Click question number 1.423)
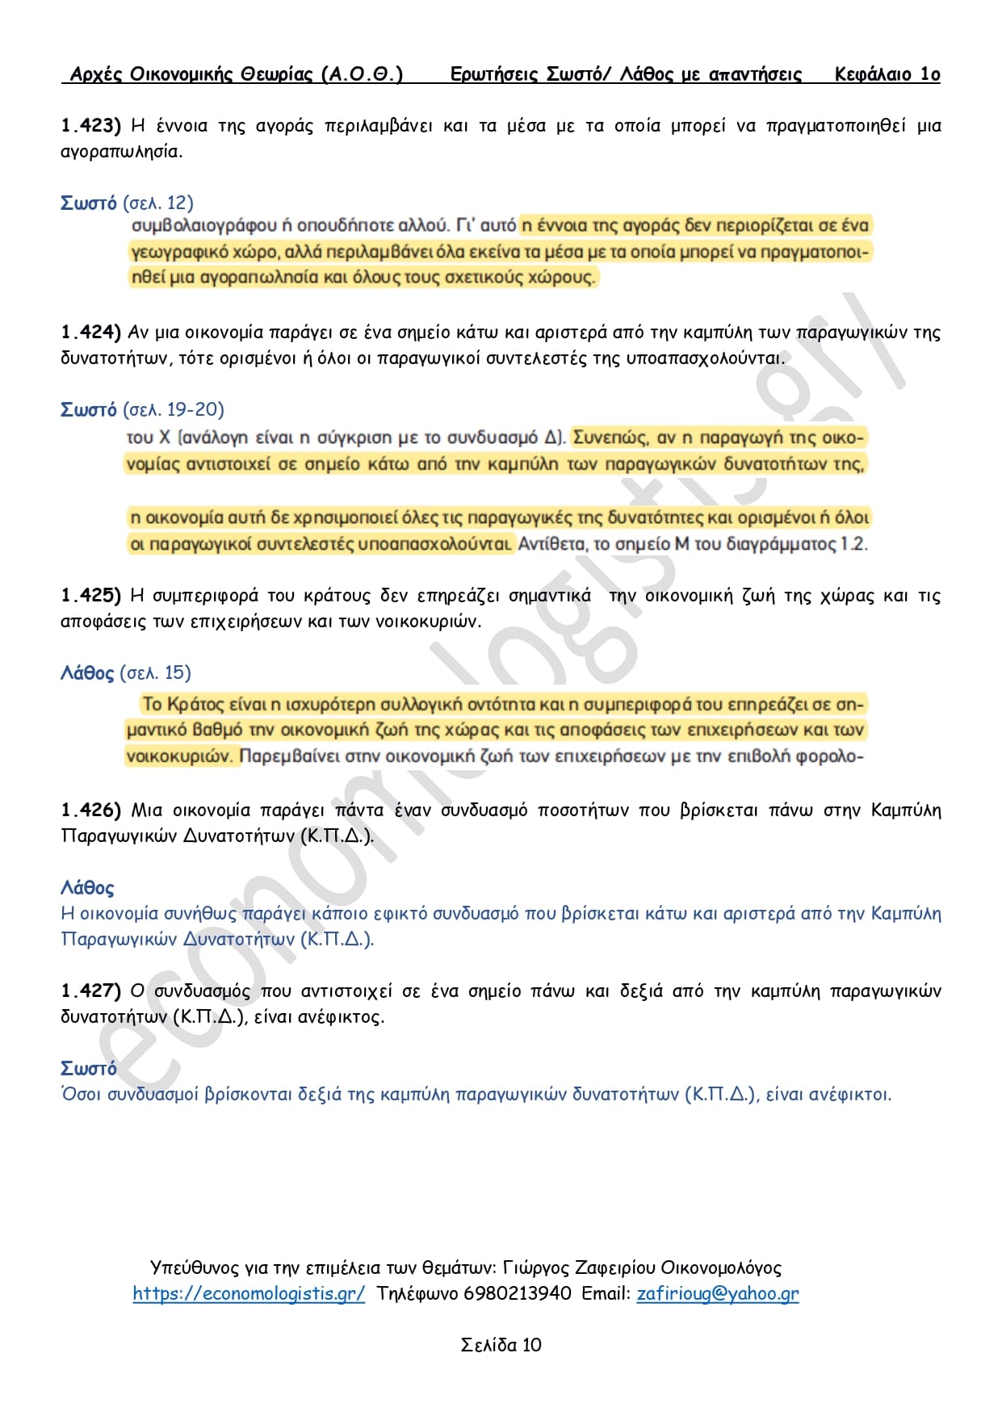pyautogui.click(x=90, y=125)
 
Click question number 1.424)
pyautogui.click(x=90, y=332)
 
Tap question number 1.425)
pyautogui.click(x=90, y=595)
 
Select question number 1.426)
pyautogui.click(x=90, y=810)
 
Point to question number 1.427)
pyautogui.click(x=90, y=991)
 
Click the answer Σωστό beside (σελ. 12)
pyautogui.click(x=89, y=203)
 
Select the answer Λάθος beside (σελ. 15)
pyautogui.click(x=87, y=672)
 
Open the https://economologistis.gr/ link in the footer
pyautogui.click(x=249, y=1293)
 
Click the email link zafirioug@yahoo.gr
pyautogui.click(x=718, y=1293)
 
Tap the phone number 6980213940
pyautogui.click(x=518, y=1293)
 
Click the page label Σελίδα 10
pyautogui.click(x=501, y=1345)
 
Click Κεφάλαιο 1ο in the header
pyautogui.click(x=887, y=74)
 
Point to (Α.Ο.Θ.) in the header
pyautogui.click(x=362, y=74)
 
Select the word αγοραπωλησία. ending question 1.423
pyautogui.click(x=122, y=151)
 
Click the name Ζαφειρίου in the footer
pyautogui.click(x=614, y=1267)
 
